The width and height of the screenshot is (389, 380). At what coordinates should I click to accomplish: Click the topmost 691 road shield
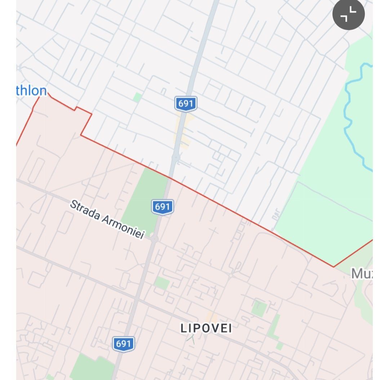(x=185, y=104)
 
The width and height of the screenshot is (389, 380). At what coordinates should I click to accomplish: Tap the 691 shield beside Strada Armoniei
(x=162, y=207)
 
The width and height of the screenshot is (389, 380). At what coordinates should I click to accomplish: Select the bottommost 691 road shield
(x=123, y=344)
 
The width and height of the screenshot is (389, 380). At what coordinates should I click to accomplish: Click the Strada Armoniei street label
(x=107, y=219)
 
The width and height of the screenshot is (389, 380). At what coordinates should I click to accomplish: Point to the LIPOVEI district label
(x=206, y=328)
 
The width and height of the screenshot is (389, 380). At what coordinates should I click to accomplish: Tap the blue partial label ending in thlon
(x=31, y=91)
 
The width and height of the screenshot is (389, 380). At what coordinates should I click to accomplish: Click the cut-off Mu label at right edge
(x=362, y=274)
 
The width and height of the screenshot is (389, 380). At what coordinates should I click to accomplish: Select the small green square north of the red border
(x=137, y=97)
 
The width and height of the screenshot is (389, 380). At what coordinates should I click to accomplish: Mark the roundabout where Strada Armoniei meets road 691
(x=155, y=239)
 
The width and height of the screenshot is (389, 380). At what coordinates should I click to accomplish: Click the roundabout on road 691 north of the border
(x=176, y=157)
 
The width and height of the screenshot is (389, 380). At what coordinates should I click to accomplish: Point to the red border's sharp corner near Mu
(x=334, y=267)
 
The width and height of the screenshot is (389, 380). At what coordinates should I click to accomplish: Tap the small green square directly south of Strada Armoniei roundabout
(x=162, y=283)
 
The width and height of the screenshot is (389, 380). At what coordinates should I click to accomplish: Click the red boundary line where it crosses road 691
(x=170, y=177)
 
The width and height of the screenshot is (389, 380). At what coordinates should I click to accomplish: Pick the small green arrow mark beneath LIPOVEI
(x=191, y=339)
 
